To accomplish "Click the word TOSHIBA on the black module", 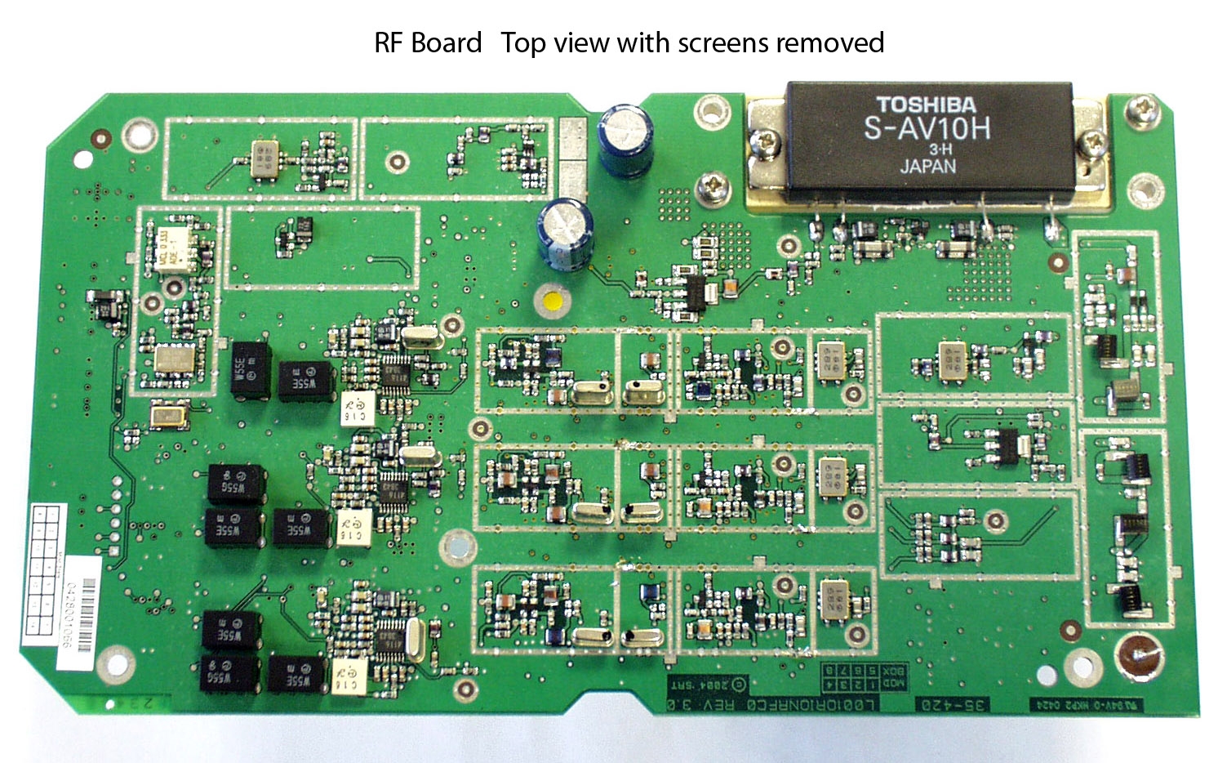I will coord(926,105).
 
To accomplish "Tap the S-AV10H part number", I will coord(927,129).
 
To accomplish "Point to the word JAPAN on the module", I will coord(928,166).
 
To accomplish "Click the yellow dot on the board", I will coord(553,300).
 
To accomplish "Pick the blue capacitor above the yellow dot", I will coord(565,232).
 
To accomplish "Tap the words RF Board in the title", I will coord(428,42).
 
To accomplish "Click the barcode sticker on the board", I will coord(82,602).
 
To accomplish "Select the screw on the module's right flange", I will coord(1091,145).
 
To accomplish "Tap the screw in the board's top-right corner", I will coord(1143,109).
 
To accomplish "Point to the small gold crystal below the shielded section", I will coord(170,417).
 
